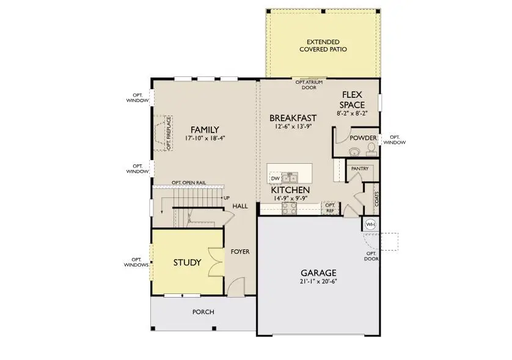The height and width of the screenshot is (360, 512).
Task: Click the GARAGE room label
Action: point(318,273)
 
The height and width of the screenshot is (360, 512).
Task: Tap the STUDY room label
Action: point(187,263)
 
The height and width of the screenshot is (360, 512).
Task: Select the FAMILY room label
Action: point(205,130)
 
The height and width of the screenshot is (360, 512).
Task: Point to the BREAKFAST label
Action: point(293,118)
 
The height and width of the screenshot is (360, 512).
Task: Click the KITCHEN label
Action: point(290,191)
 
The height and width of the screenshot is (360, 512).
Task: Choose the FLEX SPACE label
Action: point(353,100)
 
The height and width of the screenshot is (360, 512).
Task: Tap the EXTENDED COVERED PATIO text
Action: point(323,45)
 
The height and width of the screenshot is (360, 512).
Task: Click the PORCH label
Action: point(203,312)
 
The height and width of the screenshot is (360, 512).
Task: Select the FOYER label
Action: point(240,251)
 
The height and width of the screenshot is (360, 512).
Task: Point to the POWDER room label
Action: point(363,138)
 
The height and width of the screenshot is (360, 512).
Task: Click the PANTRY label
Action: point(359,168)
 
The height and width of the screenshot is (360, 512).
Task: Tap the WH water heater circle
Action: point(370,224)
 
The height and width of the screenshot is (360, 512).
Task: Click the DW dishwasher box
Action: point(276,178)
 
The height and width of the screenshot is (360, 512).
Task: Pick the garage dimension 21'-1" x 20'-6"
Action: point(318,281)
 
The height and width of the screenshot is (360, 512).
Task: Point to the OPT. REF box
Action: point(330,207)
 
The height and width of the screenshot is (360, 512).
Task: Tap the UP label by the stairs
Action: point(226,198)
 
